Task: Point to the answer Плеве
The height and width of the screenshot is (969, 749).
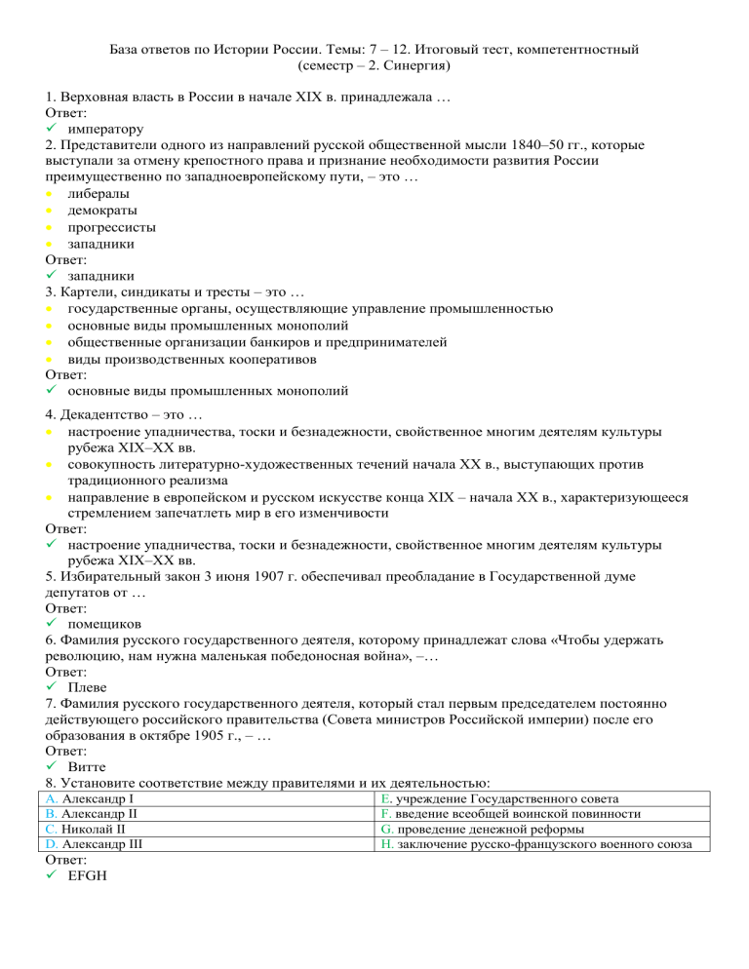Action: click(88, 687)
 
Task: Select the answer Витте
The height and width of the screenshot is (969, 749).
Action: click(89, 768)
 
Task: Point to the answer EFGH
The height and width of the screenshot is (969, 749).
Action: click(90, 876)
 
